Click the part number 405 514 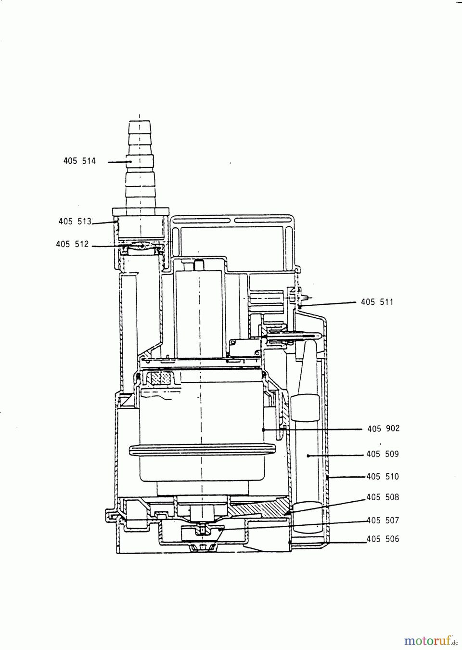click(x=79, y=161)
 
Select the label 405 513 click(x=75, y=221)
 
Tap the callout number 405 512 click(x=72, y=244)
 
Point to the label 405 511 click(x=377, y=302)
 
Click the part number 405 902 click(x=384, y=429)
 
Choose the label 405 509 click(x=383, y=454)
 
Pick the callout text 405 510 click(x=383, y=477)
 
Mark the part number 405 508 click(x=383, y=497)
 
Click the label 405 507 click(x=383, y=520)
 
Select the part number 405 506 click(x=383, y=539)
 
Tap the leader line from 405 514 click(x=120, y=162)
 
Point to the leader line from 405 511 click(x=328, y=304)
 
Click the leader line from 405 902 click(x=313, y=429)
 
